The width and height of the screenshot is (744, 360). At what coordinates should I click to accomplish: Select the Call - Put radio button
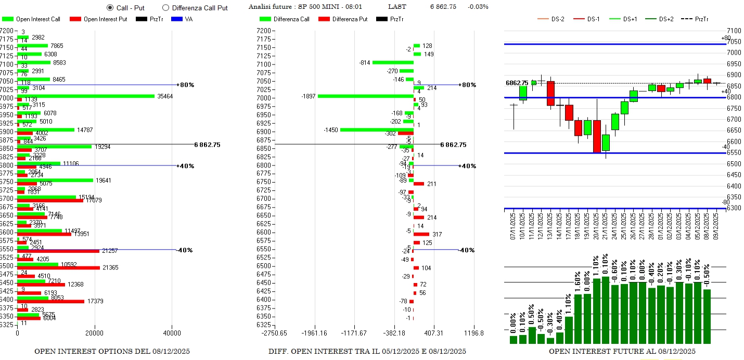click(x=110, y=8)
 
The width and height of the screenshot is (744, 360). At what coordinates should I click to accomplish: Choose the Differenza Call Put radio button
click(x=166, y=8)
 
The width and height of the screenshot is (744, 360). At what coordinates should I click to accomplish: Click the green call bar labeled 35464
click(x=86, y=96)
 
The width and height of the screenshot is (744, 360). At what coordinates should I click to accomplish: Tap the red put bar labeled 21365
click(x=58, y=268)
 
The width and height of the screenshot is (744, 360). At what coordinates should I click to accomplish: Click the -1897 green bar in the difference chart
click(x=365, y=96)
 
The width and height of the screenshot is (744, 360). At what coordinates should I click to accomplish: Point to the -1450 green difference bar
click(x=377, y=130)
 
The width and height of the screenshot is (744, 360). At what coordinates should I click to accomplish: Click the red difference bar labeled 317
click(x=421, y=234)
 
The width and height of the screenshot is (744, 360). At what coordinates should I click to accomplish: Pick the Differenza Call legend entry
click(x=286, y=19)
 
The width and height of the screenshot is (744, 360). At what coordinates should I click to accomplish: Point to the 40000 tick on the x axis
click(x=172, y=333)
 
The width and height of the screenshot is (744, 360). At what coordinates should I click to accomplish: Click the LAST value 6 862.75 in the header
click(x=443, y=7)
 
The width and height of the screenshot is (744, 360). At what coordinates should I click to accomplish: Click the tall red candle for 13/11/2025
click(x=550, y=93)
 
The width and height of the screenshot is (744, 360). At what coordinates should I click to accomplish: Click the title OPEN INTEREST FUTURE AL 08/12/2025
click(x=622, y=352)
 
